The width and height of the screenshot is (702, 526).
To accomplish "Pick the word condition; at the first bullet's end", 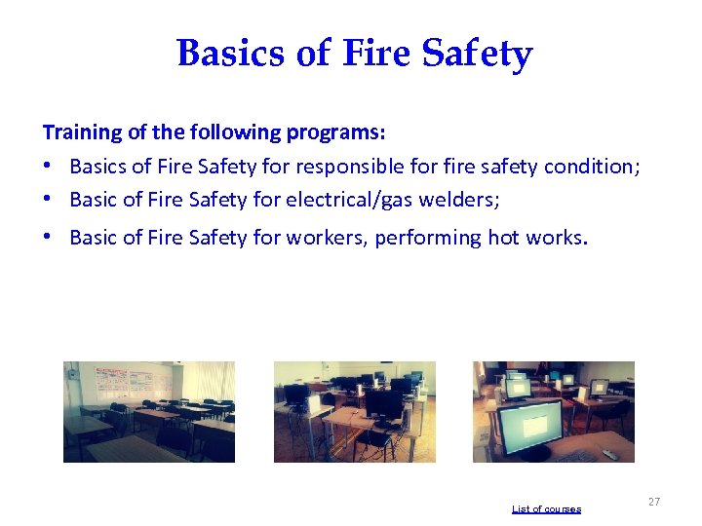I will click(x=591, y=167).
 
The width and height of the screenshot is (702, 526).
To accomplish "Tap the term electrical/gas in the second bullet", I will click(x=353, y=201).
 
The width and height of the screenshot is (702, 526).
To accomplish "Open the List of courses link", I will click(x=546, y=509).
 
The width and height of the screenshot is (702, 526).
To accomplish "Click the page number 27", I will click(x=653, y=502).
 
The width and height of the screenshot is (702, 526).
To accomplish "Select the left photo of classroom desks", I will click(x=148, y=411).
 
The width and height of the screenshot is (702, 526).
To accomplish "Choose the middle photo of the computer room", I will click(x=354, y=411).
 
